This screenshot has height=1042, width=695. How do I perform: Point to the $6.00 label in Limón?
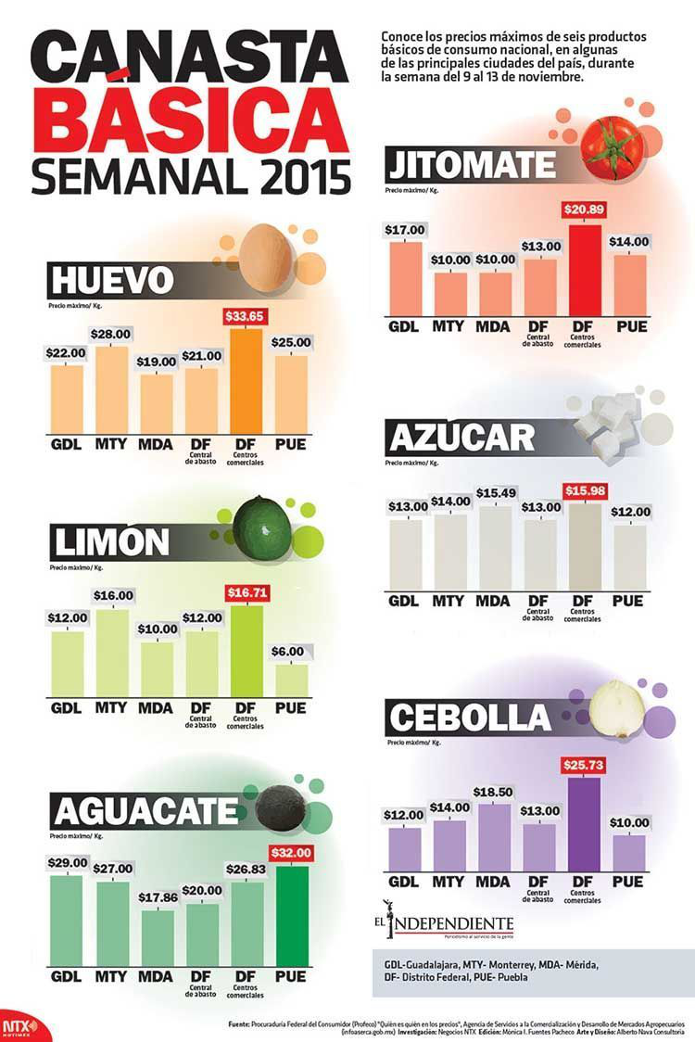[291, 652]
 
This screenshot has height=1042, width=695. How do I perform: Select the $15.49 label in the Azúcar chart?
[493, 491]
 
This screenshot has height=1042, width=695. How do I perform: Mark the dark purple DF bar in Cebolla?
[582, 824]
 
